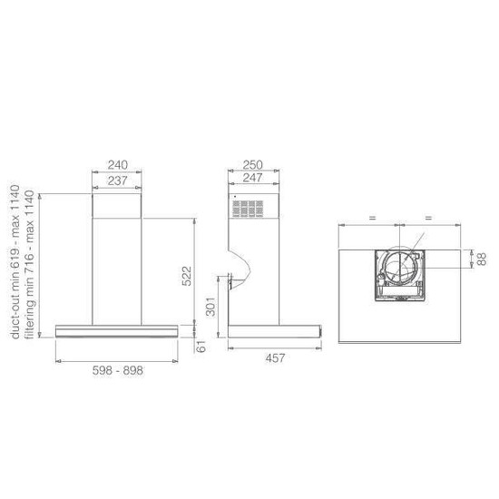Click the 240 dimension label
(x=118, y=165)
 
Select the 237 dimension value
(x=117, y=181)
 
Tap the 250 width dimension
(x=253, y=165)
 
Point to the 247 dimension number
(x=253, y=178)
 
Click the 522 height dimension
(x=187, y=276)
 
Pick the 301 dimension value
(x=210, y=307)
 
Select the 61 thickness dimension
(x=201, y=347)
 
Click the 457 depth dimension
(x=275, y=358)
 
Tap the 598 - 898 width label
(x=118, y=370)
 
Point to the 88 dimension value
(x=482, y=259)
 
